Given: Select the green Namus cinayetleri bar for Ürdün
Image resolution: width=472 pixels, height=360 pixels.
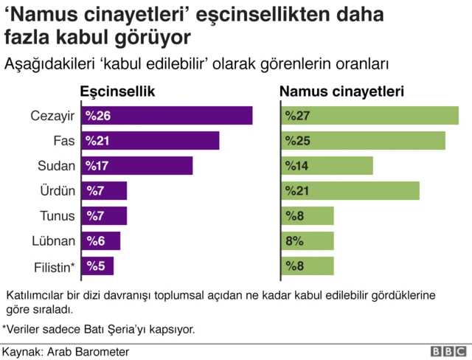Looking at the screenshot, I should tap(350, 191).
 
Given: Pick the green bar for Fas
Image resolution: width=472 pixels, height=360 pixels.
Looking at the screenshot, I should tap(363, 141).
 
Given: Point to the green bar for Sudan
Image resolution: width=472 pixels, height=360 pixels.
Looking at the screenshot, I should tap(327, 166).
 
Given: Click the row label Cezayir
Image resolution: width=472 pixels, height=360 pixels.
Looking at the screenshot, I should tap(53, 116).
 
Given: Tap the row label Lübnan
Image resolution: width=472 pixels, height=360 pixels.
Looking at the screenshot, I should tap(54, 240).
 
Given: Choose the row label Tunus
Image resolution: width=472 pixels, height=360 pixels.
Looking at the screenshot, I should tap(58, 216).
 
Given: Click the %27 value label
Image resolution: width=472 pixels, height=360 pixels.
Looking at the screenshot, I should tap(296, 116).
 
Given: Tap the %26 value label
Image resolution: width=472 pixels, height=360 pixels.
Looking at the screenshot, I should tap(98, 116).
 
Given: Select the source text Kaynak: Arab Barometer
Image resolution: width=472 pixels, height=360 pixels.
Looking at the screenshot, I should tap(66, 351).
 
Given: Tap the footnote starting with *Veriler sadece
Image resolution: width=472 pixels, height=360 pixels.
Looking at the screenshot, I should tap(99, 328).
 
